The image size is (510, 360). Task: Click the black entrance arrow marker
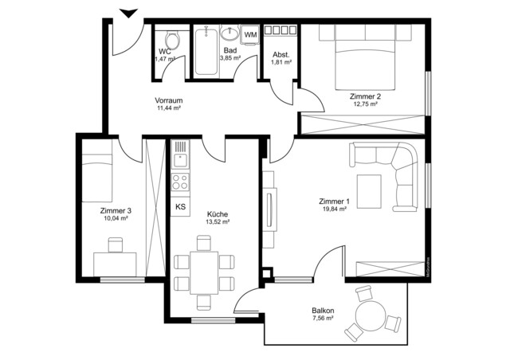point(127,12)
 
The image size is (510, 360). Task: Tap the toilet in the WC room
point(170,39)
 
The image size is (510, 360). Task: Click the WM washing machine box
point(250,35)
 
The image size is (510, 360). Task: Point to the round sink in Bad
point(229,34)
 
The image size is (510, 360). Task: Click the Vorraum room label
point(169,100)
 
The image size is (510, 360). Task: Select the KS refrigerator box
point(180,207)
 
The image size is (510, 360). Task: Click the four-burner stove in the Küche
point(180,181)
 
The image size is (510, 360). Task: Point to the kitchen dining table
point(204,272)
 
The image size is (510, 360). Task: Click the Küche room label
point(218,213)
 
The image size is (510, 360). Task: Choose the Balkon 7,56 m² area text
point(323,317)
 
